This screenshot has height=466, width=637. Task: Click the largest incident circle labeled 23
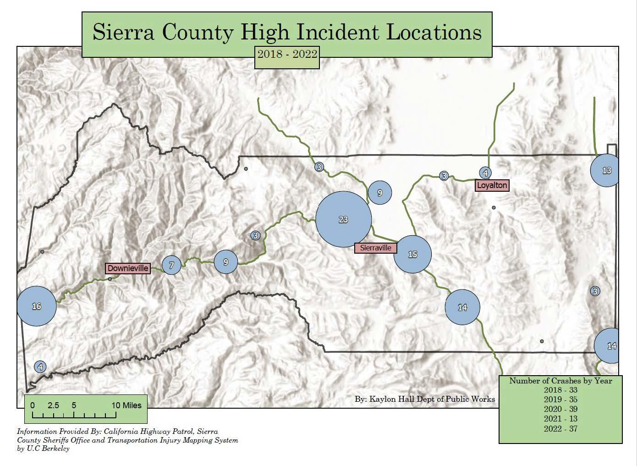pyautogui.click(x=343, y=219)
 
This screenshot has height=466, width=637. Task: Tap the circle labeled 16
pyautogui.click(x=36, y=306)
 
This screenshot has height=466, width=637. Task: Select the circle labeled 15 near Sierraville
pyautogui.click(x=412, y=254)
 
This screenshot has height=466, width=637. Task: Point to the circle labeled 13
pyautogui.click(x=606, y=170)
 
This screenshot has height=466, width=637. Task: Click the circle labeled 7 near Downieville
pyautogui.click(x=171, y=265)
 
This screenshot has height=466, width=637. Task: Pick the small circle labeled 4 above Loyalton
pyautogui.click(x=485, y=173)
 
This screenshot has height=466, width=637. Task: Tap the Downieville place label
pyautogui.click(x=128, y=268)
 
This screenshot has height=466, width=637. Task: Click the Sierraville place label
pyautogui.click(x=376, y=248)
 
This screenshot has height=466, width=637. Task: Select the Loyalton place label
pyautogui.click(x=492, y=185)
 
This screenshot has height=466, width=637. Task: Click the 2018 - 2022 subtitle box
pyautogui.click(x=287, y=54)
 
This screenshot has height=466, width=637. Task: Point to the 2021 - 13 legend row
pyautogui.click(x=560, y=419)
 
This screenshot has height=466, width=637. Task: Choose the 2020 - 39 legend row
pyautogui.click(x=560, y=409)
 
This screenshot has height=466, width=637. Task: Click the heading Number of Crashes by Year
pyautogui.click(x=560, y=381)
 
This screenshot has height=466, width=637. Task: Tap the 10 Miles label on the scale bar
pyautogui.click(x=127, y=405)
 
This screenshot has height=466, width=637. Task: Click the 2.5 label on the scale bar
pyautogui.click(x=53, y=405)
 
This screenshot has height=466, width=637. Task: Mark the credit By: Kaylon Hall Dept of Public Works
pyautogui.click(x=424, y=399)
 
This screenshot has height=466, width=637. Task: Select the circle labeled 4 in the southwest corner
pyautogui.click(x=40, y=367)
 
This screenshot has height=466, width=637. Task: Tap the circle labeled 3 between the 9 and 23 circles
pyautogui.click(x=255, y=235)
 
